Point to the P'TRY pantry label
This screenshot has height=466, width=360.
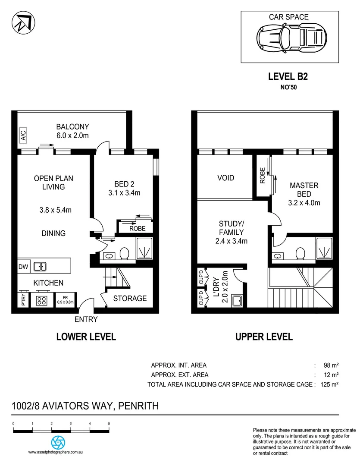click(x=23, y=300)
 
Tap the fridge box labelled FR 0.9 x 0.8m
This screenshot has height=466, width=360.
click(x=66, y=300)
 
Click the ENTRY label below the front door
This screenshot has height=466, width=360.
click(x=86, y=320)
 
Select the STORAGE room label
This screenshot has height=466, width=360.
click(x=130, y=298)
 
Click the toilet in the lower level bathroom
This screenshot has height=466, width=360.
click(x=125, y=254)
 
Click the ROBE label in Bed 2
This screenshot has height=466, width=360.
click(x=138, y=228)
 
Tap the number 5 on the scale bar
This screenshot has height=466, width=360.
click(x=109, y=424)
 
